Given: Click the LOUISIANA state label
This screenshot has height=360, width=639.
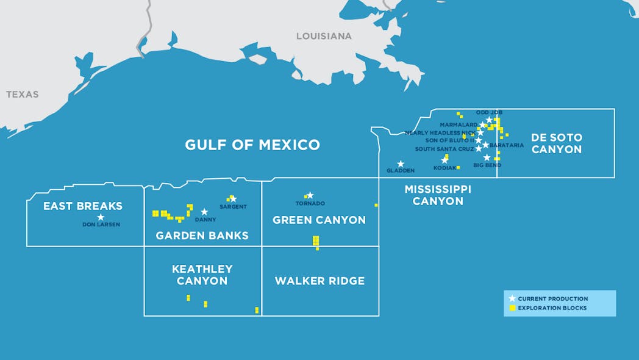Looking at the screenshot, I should (x=324, y=36).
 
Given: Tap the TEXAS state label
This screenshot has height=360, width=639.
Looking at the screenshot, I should (x=23, y=95).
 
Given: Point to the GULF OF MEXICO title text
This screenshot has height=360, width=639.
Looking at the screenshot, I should (x=252, y=145).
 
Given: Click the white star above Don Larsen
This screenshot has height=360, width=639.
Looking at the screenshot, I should (x=101, y=217).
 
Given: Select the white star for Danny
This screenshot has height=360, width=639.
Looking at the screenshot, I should (x=204, y=212).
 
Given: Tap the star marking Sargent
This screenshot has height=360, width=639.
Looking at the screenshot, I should (x=233, y=198).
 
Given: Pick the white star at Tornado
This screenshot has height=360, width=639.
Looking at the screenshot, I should (x=310, y=195).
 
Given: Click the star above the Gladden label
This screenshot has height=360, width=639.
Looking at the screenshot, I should (x=401, y=164).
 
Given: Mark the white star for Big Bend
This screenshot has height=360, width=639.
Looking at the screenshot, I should (x=487, y=157).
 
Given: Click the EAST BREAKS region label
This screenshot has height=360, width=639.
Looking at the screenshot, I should (x=83, y=206).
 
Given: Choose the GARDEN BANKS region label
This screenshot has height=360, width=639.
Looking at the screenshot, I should (x=202, y=236).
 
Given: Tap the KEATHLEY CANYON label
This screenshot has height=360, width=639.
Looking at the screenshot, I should (x=202, y=275).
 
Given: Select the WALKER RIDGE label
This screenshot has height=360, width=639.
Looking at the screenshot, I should (x=319, y=281).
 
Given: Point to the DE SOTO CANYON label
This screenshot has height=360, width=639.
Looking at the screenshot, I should (x=556, y=143).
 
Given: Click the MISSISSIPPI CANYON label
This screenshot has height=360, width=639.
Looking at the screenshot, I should (x=438, y=195).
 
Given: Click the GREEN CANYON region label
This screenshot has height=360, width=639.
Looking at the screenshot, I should (x=319, y=220).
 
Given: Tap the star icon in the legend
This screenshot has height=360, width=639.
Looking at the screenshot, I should (x=512, y=298).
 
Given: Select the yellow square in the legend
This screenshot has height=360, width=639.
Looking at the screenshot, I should (x=512, y=308).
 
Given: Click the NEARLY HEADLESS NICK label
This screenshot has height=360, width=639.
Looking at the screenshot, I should (x=440, y=132).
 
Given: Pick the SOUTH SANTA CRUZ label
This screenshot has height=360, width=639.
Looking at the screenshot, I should (x=444, y=149).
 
